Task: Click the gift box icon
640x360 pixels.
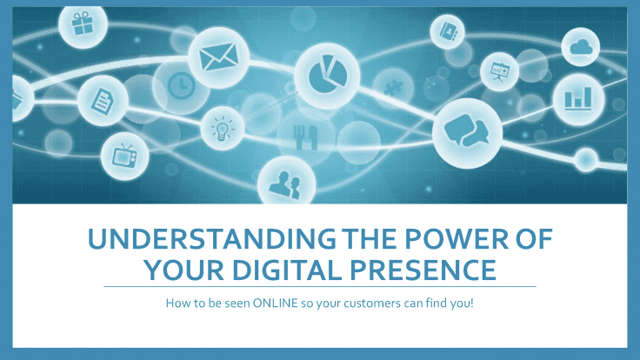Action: tap(83, 23)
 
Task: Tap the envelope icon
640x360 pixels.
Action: tap(219, 57)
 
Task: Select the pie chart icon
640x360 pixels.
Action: tap(327, 75)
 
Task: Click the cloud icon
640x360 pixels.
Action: tap(581, 47)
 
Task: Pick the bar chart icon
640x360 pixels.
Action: tap(578, 98)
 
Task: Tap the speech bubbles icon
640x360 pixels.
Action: tap(467, 130)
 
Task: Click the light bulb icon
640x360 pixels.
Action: tap(222, 129)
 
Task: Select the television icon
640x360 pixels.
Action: tap(124, 156)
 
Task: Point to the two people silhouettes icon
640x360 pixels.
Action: tap(285, 185)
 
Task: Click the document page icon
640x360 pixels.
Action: tap(102, 101)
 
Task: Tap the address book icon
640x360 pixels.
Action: tap(447, 31)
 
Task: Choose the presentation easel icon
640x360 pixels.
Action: tap(499, 72)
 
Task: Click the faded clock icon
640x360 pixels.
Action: tap(181, 85)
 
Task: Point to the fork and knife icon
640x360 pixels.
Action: tap(305, 137)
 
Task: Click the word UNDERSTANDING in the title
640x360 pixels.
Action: tap(212, 239)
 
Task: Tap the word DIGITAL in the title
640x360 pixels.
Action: tap(287, 270)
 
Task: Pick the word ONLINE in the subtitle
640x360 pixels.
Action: tap(276, 303)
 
